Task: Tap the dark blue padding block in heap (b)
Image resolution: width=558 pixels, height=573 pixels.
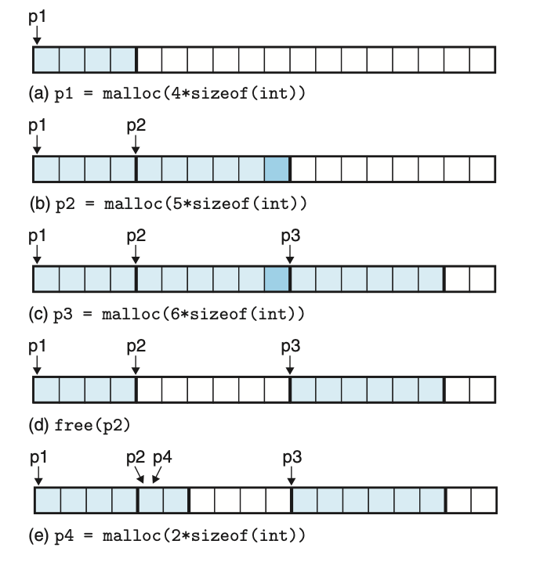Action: [277, 169]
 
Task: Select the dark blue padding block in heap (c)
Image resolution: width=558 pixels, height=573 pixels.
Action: [277, 279]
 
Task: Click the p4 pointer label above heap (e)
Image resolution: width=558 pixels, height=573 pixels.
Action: [162, 458]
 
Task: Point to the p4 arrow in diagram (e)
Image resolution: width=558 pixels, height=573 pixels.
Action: [157, 474]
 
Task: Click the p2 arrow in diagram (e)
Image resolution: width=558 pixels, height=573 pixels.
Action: [139, 474]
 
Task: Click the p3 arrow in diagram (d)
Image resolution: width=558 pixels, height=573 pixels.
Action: [290, 365]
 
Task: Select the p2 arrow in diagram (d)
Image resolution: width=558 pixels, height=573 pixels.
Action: [136, 365]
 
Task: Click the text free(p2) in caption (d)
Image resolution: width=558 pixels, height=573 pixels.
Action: [92, 425]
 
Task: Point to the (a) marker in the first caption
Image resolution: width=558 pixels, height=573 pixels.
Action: [38, 94]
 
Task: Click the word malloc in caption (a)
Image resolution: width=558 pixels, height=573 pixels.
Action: [132, 94]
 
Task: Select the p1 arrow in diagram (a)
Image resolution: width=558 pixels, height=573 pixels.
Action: [37, 35]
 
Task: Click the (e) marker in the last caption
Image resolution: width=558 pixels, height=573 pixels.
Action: [38, 535]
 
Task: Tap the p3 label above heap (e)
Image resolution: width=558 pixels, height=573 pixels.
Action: [292, 458]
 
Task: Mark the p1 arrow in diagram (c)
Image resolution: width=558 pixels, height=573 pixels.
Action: [37, 254]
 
